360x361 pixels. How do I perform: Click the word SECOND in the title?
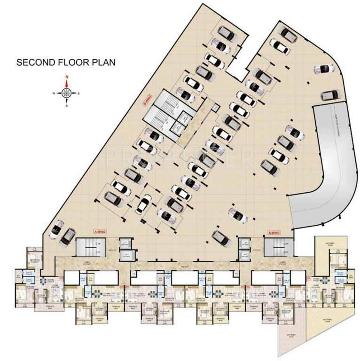(33, 62)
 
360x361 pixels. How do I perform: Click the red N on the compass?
(67, 77)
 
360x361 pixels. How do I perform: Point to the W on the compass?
(54, 94)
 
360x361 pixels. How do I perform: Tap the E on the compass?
(79, 94)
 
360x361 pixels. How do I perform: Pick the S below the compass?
(67, 106)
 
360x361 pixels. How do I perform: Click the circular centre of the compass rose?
(67, 93)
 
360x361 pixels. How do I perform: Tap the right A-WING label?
(274, 232)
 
